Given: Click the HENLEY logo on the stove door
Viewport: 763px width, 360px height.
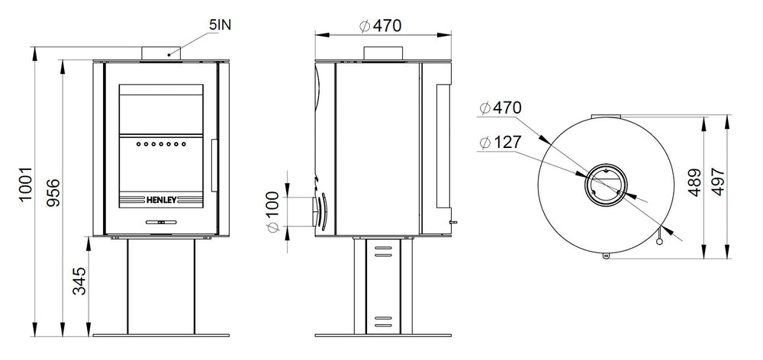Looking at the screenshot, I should (x=160, y=202).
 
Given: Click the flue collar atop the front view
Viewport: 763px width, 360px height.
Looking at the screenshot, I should (x=160, y=53).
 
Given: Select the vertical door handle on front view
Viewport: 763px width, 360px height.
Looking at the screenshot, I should (x=214, y=164).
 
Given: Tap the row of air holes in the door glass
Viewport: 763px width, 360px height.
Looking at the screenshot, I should (x=160, y=143).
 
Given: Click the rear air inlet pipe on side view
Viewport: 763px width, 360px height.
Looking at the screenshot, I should (x=314, y=211).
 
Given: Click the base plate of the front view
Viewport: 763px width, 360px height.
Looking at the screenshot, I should (x=160, y=334).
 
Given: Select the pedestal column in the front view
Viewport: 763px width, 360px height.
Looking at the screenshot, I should (x=160, y=285).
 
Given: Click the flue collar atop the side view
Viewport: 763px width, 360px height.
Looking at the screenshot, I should (x=383, y=53).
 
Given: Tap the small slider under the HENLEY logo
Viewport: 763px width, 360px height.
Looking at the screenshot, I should (x=160, y=222).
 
